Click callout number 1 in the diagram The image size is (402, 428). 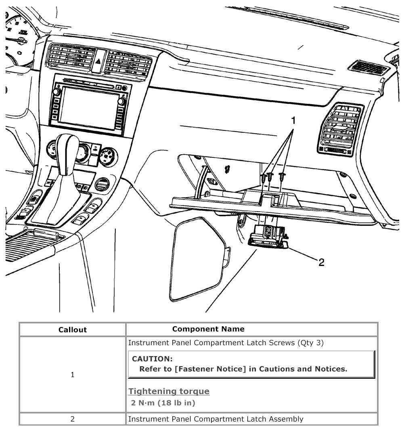(x=293, y=120)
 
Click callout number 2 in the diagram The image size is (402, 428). (x=321, y=262)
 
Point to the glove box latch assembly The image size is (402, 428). (x=268, y=236)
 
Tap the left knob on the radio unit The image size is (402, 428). (x=57, y=92)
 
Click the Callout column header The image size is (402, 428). (x=73, y=329)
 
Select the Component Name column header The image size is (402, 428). (x=208, y=329)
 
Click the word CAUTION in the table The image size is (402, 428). (x=152, y=359)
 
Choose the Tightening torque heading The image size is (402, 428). (x=169, y=391)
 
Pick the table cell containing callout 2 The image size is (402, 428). (x=73, y=419)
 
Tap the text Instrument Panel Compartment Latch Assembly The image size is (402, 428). (x=216, y=419)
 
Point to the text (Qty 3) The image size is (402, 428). (x=310, y=343)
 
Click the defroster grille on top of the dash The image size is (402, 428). (x=367, y=67)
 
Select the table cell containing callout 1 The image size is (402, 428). (x=73, y=375)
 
